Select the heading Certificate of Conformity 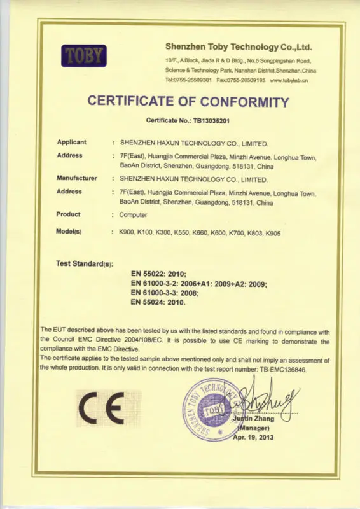point(188,101)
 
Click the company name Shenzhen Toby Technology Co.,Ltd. point(239,46)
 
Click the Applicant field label point(72,142)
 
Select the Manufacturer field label point(77,178)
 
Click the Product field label point(69,214)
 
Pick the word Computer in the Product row point(134,215)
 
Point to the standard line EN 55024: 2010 point(158,303)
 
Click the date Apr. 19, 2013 point(254,438)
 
